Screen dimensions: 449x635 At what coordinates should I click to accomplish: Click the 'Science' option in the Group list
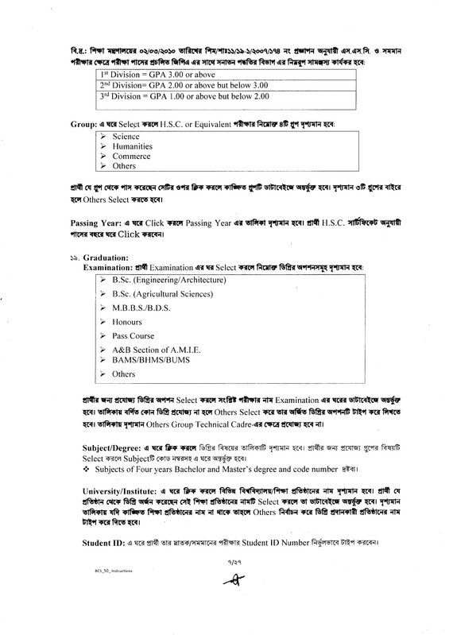coord(126,137)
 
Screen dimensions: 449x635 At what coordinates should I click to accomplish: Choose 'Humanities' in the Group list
coord(132,147)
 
